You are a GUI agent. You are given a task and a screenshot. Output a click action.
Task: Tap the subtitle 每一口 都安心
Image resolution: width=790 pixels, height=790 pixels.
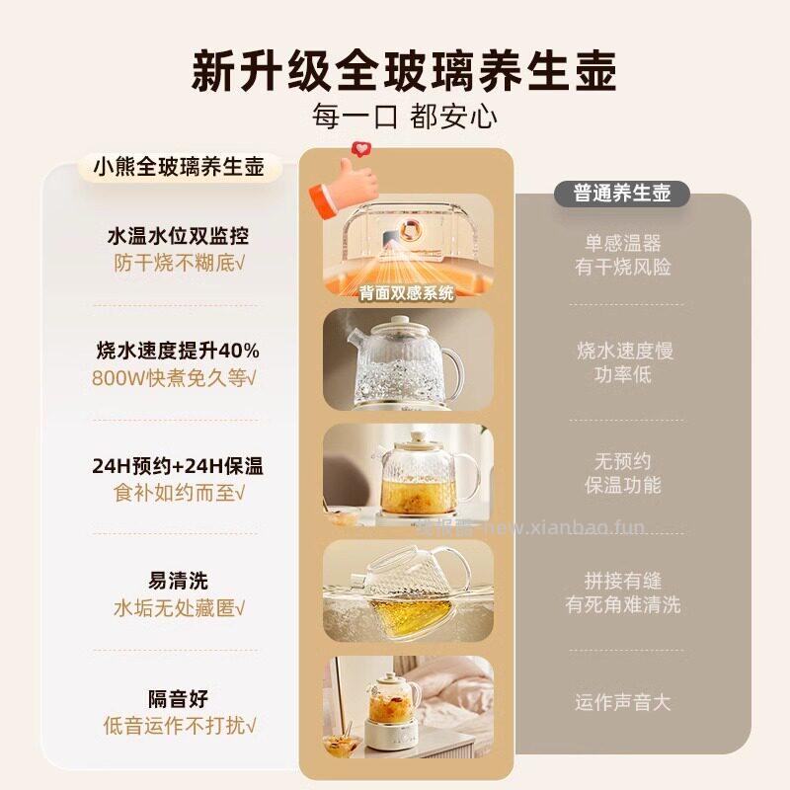404,118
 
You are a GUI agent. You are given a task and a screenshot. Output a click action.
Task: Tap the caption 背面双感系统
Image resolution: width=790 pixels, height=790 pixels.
407,292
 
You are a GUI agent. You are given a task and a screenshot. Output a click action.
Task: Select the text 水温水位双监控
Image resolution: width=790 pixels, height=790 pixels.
178,237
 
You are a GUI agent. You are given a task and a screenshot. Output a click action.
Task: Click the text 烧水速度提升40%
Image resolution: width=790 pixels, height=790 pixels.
178,351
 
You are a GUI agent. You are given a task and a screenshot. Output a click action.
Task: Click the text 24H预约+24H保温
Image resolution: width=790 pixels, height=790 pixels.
178,466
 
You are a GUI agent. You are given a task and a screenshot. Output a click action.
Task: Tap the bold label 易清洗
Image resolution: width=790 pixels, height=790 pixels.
178,581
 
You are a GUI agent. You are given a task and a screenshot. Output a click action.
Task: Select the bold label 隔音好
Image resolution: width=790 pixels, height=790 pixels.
178,699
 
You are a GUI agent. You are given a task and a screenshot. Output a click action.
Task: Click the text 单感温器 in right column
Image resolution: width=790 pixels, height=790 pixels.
623,243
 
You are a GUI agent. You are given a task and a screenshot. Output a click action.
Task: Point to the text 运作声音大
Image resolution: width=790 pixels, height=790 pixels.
623,703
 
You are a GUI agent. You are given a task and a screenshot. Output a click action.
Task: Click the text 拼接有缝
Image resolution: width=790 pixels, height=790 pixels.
623,581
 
